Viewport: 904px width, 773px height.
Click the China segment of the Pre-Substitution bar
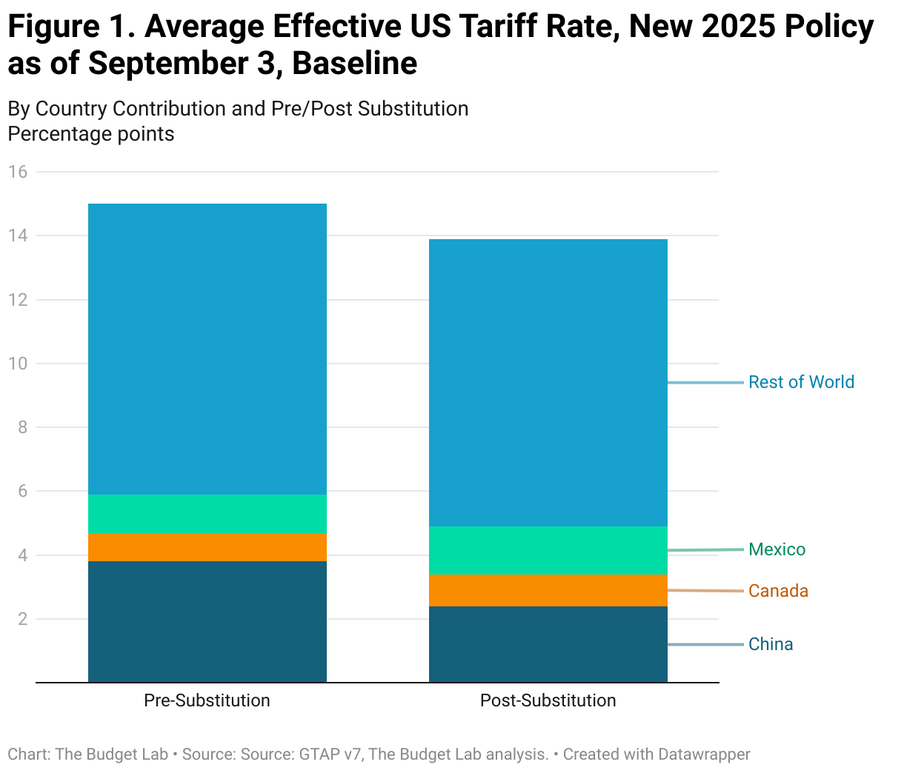[x=207, y=621]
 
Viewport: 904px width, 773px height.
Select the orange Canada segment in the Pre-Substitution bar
[x=207, y=546]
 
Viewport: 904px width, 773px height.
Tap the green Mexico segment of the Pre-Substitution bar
[x=207, y=513]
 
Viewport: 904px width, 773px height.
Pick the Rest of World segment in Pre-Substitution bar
[x=207, y=349]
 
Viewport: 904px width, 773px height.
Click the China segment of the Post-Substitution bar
[x=548, y=644]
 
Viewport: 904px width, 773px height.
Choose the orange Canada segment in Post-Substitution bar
[x=548, y=590]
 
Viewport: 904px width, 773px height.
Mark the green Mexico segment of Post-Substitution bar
[x=548, y=550]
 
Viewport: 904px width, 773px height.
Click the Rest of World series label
[x=801, y=382]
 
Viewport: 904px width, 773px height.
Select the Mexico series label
[x=777, y=549]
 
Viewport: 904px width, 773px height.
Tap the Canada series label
[x=778, y=591]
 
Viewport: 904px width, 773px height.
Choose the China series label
[x=771, y=644]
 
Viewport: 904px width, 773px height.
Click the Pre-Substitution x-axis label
[x=207, y=700]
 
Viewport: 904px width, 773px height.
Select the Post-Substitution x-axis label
[x=548, y=700]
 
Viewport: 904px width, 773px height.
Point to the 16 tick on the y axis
[x=18, y=172]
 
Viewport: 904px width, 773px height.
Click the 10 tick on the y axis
[x=18, y=364]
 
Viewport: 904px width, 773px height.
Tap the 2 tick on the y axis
[x=22, y=619]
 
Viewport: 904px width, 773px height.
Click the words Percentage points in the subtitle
[x=91, y=134]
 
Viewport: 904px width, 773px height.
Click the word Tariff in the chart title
[x=509, y=27]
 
